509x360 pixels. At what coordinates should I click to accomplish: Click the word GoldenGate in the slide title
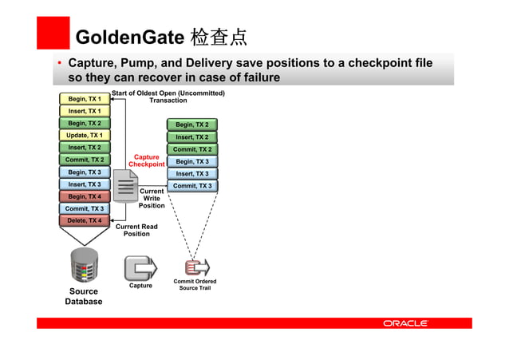(x=128, y=37)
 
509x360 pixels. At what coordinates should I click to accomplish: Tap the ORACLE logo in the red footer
(x=405, y=323)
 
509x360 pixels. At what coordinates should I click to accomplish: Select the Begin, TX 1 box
(x=84, y=99)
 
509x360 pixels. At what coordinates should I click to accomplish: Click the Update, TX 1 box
(x=84, y=136)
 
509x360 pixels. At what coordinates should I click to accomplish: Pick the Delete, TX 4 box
(x=84, y=220)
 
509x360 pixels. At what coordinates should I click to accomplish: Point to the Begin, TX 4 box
(x=84, y=196)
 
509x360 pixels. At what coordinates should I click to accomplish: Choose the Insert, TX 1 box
(x=84, y=111)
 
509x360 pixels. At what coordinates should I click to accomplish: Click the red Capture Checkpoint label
(x=147, y=160)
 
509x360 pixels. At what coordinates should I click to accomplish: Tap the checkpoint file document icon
(x=125, y=185)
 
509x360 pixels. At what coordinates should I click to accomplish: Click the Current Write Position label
(x=152, y=199)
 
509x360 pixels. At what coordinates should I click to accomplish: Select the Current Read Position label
(x=136, y=230)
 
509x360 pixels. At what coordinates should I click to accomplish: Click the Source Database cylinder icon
(x=84, y=266)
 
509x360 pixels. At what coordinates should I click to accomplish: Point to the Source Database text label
(x=84, y=297)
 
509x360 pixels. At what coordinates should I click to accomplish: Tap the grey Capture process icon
(x=140, y=266)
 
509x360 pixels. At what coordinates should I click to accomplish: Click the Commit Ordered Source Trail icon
(x=196, y=267)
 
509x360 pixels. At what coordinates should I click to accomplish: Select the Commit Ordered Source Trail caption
(x=195, y=284)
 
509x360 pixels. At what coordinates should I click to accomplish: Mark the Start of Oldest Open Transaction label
(x=168, y=97)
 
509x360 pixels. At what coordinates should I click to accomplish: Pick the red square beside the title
(x=53, y=33)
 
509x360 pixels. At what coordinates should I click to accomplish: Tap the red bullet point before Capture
(x=59, y=63)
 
